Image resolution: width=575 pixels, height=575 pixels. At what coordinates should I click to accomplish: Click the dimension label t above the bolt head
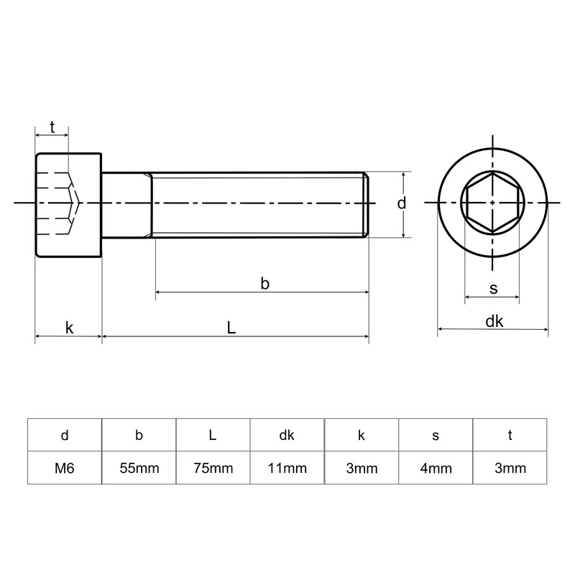click(52, 126)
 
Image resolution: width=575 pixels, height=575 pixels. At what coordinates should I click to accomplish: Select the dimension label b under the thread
click(264, 284)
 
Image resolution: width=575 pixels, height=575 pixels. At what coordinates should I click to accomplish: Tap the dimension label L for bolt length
click(231, 327)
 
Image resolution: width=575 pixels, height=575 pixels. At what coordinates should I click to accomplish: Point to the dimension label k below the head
click(69, 328)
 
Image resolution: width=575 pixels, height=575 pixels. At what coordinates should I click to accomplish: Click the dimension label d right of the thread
click(402, 203)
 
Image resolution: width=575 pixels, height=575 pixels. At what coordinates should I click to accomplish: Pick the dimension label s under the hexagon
click(493, 288)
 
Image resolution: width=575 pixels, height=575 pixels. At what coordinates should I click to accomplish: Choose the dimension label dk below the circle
click(494, 321)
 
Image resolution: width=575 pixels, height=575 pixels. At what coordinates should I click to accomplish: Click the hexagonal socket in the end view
click(492, 204)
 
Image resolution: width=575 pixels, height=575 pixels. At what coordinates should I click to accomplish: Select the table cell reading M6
click(65, 469)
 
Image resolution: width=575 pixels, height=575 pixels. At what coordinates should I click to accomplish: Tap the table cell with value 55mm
click(139, 469)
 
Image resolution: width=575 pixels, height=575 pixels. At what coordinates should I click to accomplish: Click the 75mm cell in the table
click(213, 469)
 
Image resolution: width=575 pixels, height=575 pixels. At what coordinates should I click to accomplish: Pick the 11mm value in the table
click(287, 469)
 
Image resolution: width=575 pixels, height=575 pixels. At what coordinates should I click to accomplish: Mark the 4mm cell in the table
click(435, 469)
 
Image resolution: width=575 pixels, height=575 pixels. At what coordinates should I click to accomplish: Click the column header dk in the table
click(287, 435)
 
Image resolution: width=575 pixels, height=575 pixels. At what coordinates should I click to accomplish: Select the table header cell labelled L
click(213, 435)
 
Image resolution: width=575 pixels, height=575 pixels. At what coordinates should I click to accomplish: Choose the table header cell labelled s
click(435, 435)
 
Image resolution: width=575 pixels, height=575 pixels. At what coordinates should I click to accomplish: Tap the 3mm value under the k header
click(361, 469)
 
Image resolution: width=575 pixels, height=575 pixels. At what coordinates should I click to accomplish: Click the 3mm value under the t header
click(510, 469)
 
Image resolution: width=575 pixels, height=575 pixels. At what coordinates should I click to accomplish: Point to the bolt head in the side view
click(68, 204)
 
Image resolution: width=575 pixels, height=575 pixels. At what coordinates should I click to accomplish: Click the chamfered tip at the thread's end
click(367, 204)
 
